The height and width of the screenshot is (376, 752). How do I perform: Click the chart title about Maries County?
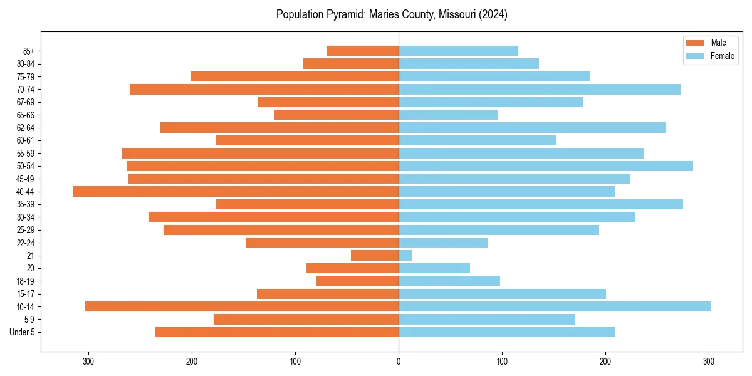(x=392, y=14)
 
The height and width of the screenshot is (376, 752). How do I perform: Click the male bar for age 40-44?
(x=236, y=192)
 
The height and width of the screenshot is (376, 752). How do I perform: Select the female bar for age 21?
(x=405, y=256)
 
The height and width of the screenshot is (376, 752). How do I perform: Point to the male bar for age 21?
(x=375, y=256)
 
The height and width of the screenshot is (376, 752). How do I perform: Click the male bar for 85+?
(x=363, y=51)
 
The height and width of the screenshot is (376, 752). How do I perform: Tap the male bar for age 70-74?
(x=264, y=90)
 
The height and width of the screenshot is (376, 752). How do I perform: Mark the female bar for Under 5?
(x=506, y=332)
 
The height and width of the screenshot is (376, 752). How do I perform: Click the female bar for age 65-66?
(x=448, y=115)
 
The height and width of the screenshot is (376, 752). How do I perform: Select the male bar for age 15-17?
(x=328, y=294)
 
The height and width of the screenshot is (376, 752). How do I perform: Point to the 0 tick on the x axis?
(x=399, y=361)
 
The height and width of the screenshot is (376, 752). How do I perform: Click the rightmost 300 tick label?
(x=709, y=361)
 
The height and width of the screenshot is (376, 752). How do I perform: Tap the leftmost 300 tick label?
(x=88, y=361)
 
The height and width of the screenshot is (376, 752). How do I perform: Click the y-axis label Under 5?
(x=22, y=332)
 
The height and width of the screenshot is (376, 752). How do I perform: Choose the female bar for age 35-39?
(x=541, y=204)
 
